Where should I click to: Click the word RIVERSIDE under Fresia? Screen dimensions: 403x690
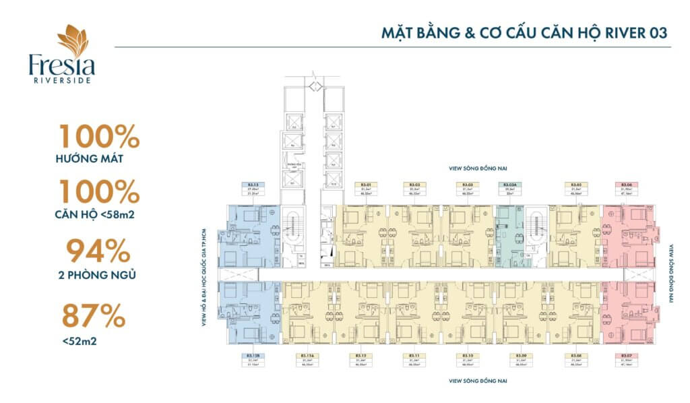click(62, 80)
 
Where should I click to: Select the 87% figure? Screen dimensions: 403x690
click(94, 315)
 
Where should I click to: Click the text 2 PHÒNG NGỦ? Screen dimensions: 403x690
click(97, 275)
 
